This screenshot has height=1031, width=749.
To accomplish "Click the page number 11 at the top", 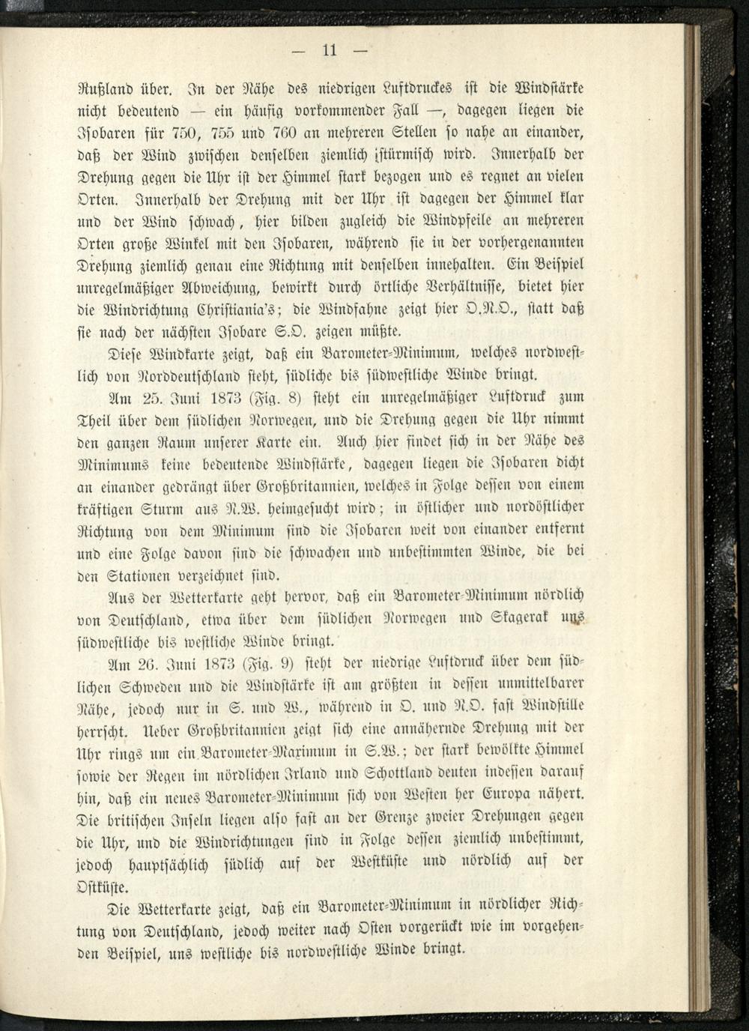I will point(330,50).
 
